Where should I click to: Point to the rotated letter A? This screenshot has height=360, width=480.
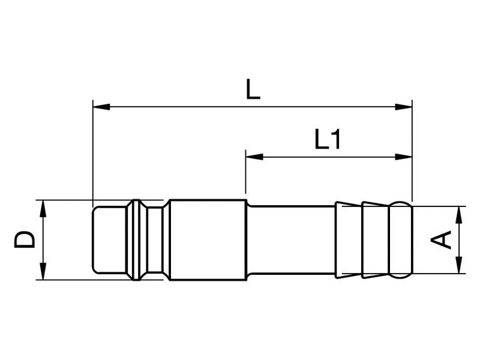coord(442,240)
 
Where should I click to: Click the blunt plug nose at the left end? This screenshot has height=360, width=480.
coord(108,240)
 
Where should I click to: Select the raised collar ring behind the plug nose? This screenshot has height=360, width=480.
coord(137,240)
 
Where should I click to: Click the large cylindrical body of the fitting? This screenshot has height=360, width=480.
coord(208,240)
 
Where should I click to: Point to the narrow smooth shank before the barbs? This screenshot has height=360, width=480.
coord(291,240)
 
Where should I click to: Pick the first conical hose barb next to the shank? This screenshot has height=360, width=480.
coord(348,240)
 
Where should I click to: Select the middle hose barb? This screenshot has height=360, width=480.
coord(375,240)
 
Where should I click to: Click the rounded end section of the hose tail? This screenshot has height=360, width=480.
coord(401,240)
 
